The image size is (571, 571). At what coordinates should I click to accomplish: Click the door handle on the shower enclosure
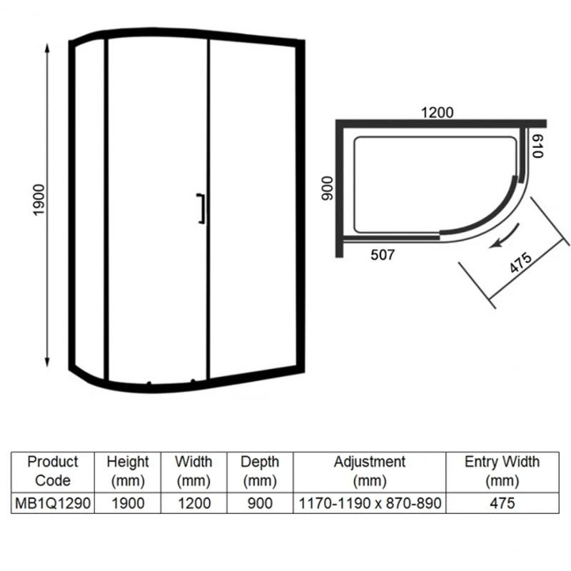click(x=202, y=209)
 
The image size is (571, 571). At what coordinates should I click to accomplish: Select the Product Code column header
click(x=52, y=470)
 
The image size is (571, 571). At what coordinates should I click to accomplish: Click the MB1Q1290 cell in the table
click(x=52, y=502)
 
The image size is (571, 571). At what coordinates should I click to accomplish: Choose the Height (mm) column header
click(x=128, y=470)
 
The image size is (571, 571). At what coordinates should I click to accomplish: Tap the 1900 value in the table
click(x=128, y=502)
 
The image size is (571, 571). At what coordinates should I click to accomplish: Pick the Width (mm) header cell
click(x=193, y=470)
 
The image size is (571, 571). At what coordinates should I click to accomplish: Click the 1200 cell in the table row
click(x=193, y=502)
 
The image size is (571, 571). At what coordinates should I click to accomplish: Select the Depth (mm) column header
click(x=259, y=470)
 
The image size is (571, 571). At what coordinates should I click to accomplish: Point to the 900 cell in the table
click(x=259, y=502)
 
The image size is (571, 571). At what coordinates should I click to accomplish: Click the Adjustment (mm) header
click(x=369, y=470)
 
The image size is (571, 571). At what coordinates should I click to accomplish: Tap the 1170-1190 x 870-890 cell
click(x=369, y=502)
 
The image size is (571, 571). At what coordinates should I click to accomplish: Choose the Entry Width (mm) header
click(x=502, y=470)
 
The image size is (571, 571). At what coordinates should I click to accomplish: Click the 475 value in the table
click(x=502, y=502)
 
